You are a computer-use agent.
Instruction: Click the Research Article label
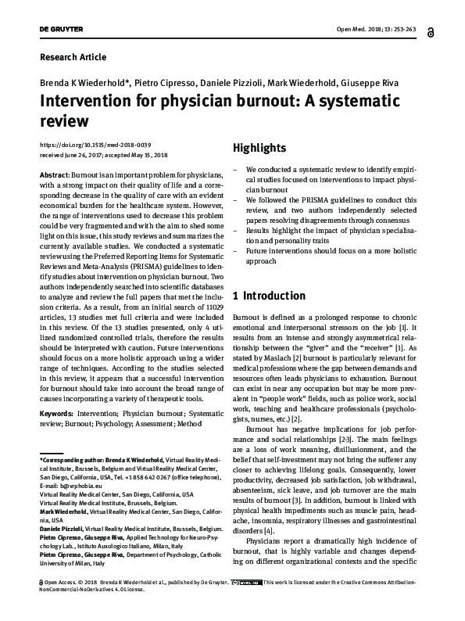click(72, 57)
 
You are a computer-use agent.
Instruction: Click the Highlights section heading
click(259, 148)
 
